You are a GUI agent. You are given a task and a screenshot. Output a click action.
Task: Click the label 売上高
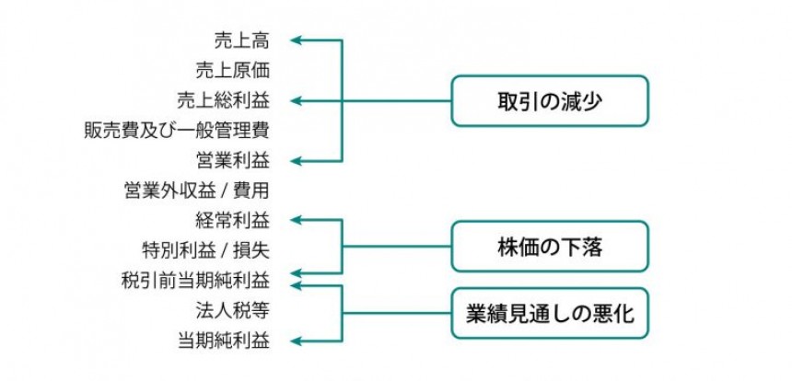pos(241,40)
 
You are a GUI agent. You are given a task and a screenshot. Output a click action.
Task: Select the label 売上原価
pos(232,70)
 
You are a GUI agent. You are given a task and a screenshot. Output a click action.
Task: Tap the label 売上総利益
pos(223,99)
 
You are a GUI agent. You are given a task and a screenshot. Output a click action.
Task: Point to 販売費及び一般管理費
pos(176,130)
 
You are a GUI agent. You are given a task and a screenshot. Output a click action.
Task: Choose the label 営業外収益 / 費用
pos(196,190)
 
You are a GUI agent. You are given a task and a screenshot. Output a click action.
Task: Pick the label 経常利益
pos(232,220)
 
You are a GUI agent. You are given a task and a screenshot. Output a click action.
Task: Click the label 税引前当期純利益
pos(195,278)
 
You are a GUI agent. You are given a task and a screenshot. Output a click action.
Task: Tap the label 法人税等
pos(232,309)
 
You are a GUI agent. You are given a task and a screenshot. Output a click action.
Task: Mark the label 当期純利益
pos(223,340)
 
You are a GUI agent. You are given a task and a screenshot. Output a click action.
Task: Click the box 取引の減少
pos(549,100)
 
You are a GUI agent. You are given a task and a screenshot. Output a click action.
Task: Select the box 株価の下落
pos(549,247)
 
